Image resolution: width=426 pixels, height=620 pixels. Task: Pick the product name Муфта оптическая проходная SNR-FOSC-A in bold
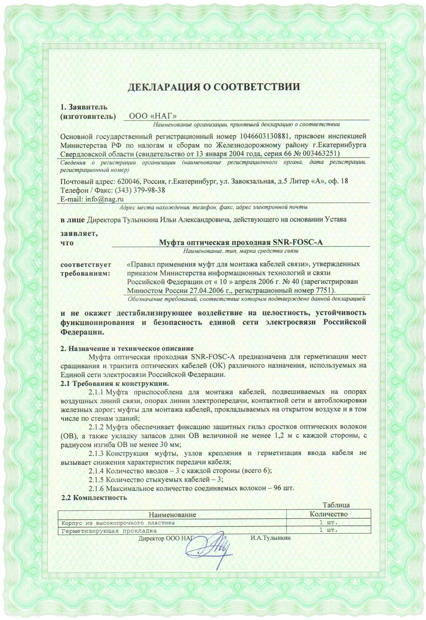click(x=241, y=242)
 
